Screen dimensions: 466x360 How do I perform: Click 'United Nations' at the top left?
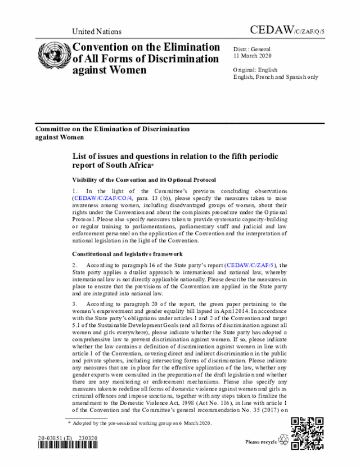97,32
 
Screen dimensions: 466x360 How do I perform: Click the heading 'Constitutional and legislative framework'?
127,254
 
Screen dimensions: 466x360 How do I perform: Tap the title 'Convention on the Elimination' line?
146,47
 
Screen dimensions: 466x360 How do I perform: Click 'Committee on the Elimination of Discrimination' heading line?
112,129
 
